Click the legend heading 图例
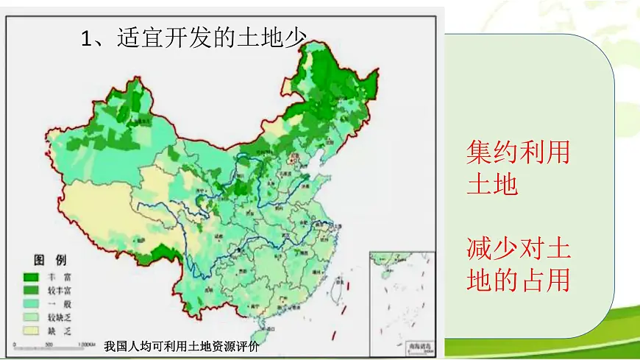[x=50, y=260]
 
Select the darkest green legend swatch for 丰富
[x=32, y=278]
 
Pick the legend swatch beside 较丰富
[x=32, y=291]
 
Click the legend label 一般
[x=57, y=304]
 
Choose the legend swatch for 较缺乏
[x=32, y=317]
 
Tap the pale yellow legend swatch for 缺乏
[x=32, y=331]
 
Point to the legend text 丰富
[x=57, y=278]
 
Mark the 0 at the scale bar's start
[x=15, y=344]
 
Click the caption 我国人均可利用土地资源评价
[x=182, y=346]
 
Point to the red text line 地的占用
[x=518, y=280]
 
